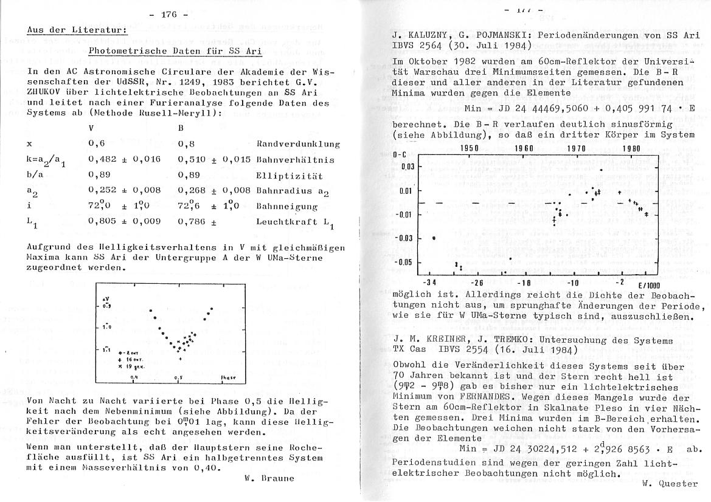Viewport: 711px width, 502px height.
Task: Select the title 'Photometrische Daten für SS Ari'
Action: (x=176, y=51)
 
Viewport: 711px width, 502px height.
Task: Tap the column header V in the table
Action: (x=91, y=128)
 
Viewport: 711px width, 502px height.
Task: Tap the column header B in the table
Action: (x=181, y=128)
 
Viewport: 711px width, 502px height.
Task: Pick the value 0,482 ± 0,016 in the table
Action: (x=125, y=159)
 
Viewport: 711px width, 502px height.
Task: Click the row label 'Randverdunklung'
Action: (x=298, y=144)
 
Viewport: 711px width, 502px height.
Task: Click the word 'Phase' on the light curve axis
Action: (x=228, y=377)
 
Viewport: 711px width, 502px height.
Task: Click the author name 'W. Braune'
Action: (x=269, y=478)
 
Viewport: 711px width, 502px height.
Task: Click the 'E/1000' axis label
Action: (x=649, y=284)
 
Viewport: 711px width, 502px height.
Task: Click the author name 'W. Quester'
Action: (x=670, y=484)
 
